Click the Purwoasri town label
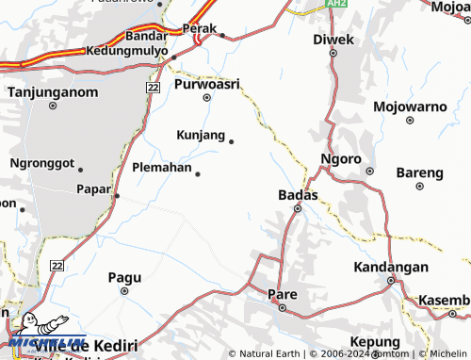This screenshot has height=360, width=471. click(x=206, y=84)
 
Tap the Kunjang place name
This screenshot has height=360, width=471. click(x=201, y=135)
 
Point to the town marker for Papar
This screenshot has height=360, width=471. click(x=117, y=195)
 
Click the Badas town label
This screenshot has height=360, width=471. click(x=298, y=194)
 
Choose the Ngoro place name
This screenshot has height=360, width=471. click(x=340, y=158)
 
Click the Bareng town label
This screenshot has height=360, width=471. click(x=419, y=172)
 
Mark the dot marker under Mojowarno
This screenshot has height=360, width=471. click(x=409, y=121)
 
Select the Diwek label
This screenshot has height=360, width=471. click(x=333, y=40)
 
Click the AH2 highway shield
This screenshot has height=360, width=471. click(x=337, y=5)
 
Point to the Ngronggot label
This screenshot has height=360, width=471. click(x=41, y=162)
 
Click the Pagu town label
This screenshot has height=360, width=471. click(x=124, y=277)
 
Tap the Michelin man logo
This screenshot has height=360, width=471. click(x=37, y=332)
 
